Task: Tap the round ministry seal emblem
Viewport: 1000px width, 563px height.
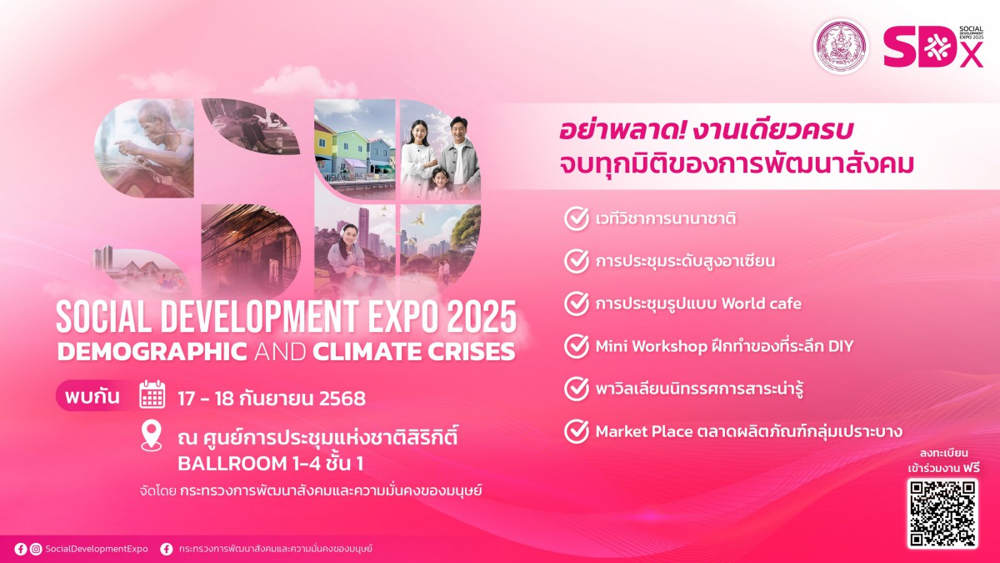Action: click(x=841, y=47)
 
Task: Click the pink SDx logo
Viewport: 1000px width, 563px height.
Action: click(x=933, y=46)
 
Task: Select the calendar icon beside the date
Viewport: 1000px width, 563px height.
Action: click(x=152, y=395)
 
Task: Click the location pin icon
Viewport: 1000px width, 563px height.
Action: click(x=152, y=435)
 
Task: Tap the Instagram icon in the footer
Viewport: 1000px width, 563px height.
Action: click(x=36, y=549)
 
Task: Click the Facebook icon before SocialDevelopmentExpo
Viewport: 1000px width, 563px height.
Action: click(x=21, y=549)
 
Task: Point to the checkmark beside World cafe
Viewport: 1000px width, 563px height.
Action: click(x=577, y=304)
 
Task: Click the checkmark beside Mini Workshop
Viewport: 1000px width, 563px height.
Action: click(x=577, y=346)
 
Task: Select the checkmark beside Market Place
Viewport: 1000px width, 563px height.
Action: click(x=577, y=431)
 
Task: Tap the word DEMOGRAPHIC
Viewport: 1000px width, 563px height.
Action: click(x=152, y=352)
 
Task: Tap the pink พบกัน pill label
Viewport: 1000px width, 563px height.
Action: click(x=92, y=396)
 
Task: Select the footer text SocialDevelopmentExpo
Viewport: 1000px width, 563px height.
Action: click(x=97, y=549)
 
